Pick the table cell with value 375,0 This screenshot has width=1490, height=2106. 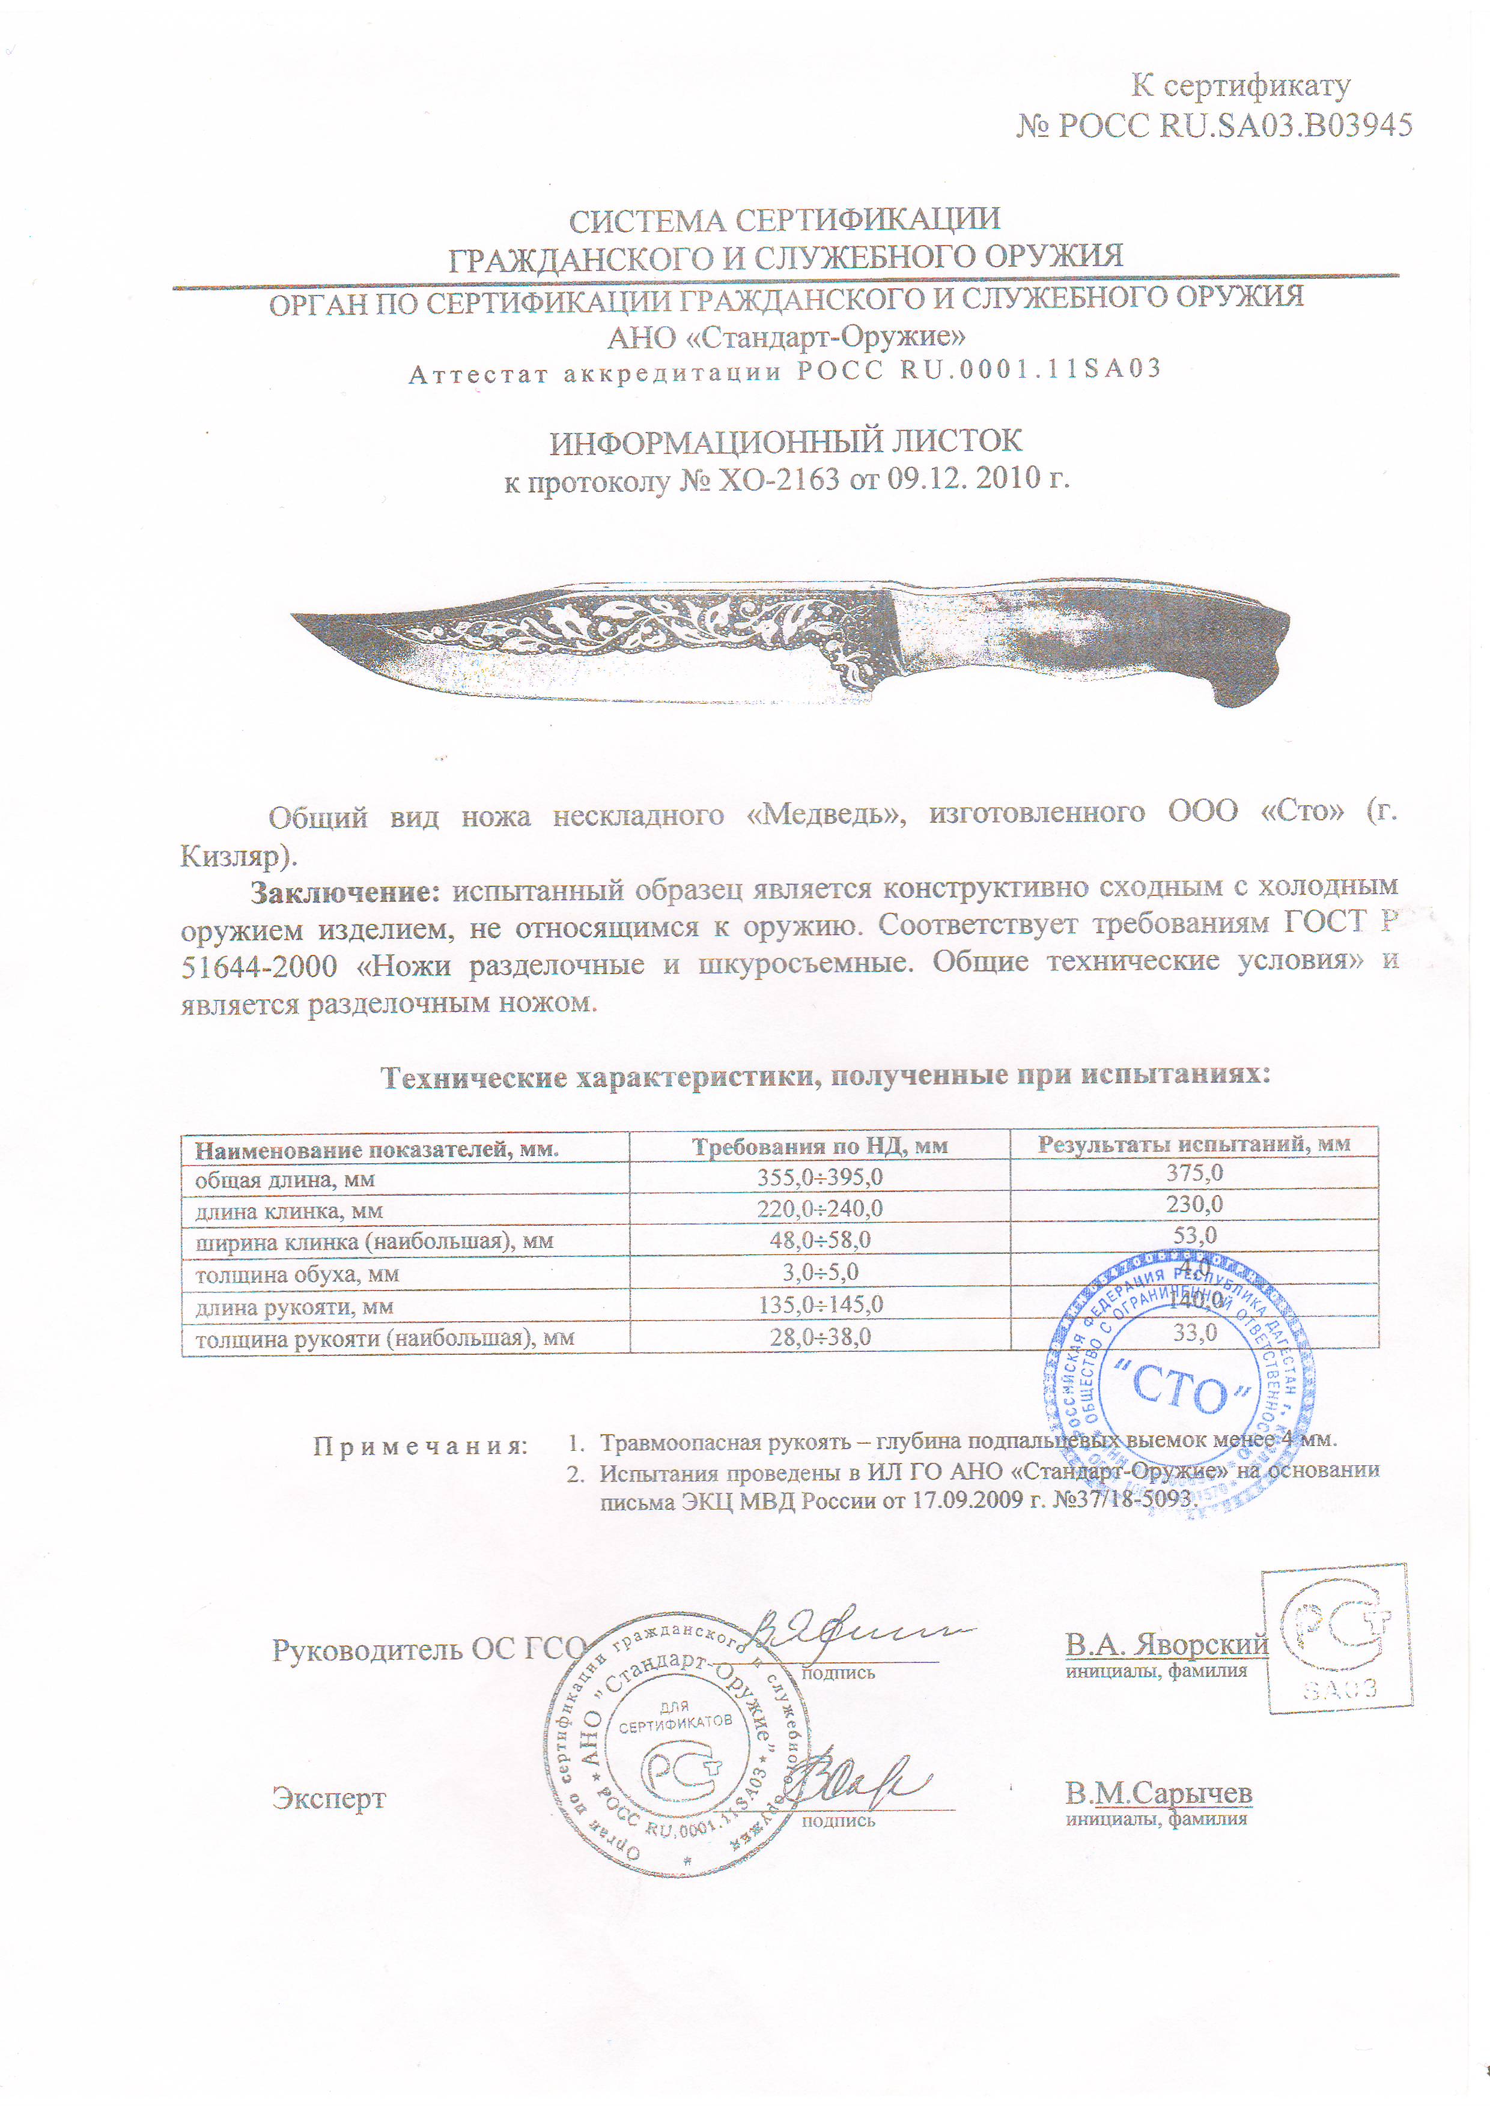click(1194, 1173)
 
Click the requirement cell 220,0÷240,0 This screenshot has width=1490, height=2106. click(819, 1209)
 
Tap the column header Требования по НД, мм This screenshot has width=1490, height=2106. click(819, 1146)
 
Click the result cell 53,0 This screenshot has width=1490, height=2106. click(1194, 1235)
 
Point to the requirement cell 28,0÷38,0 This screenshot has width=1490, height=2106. click(819, 1337)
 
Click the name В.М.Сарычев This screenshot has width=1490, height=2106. click(1158, 1793)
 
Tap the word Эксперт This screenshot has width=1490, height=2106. click(329, 1800)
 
